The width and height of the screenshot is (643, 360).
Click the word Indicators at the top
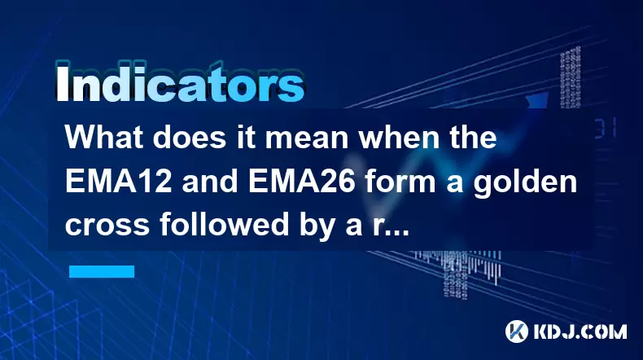click(180, 83)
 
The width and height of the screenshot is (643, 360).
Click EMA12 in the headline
click(118, 182)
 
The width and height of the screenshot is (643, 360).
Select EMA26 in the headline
click(301, 182)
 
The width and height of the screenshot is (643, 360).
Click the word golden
click(525, 183)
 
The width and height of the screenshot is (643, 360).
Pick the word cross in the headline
click(107, 226)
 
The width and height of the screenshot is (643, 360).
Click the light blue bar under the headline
click(102, 271)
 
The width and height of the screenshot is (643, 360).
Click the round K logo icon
click(517, 331)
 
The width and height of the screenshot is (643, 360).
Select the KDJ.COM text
click(580, 331)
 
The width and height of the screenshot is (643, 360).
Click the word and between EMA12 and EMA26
click(209, 182)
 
